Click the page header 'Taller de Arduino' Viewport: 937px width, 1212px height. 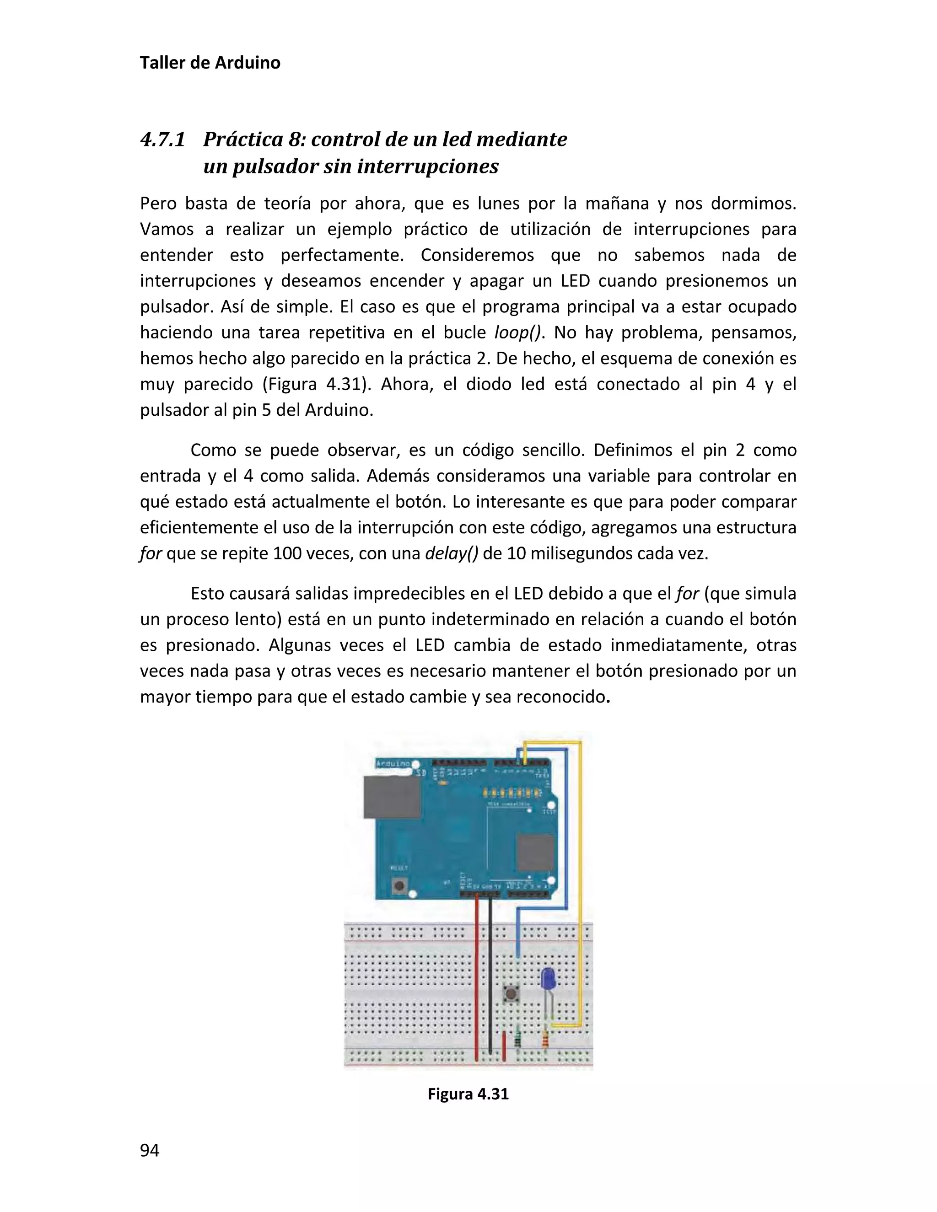(210, 63)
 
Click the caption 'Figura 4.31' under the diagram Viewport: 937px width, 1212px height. (468, 1094)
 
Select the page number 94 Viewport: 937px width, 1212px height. (150, 1150)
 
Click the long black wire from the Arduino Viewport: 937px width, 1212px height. (490, 977)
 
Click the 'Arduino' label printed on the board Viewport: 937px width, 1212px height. (393, 764)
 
